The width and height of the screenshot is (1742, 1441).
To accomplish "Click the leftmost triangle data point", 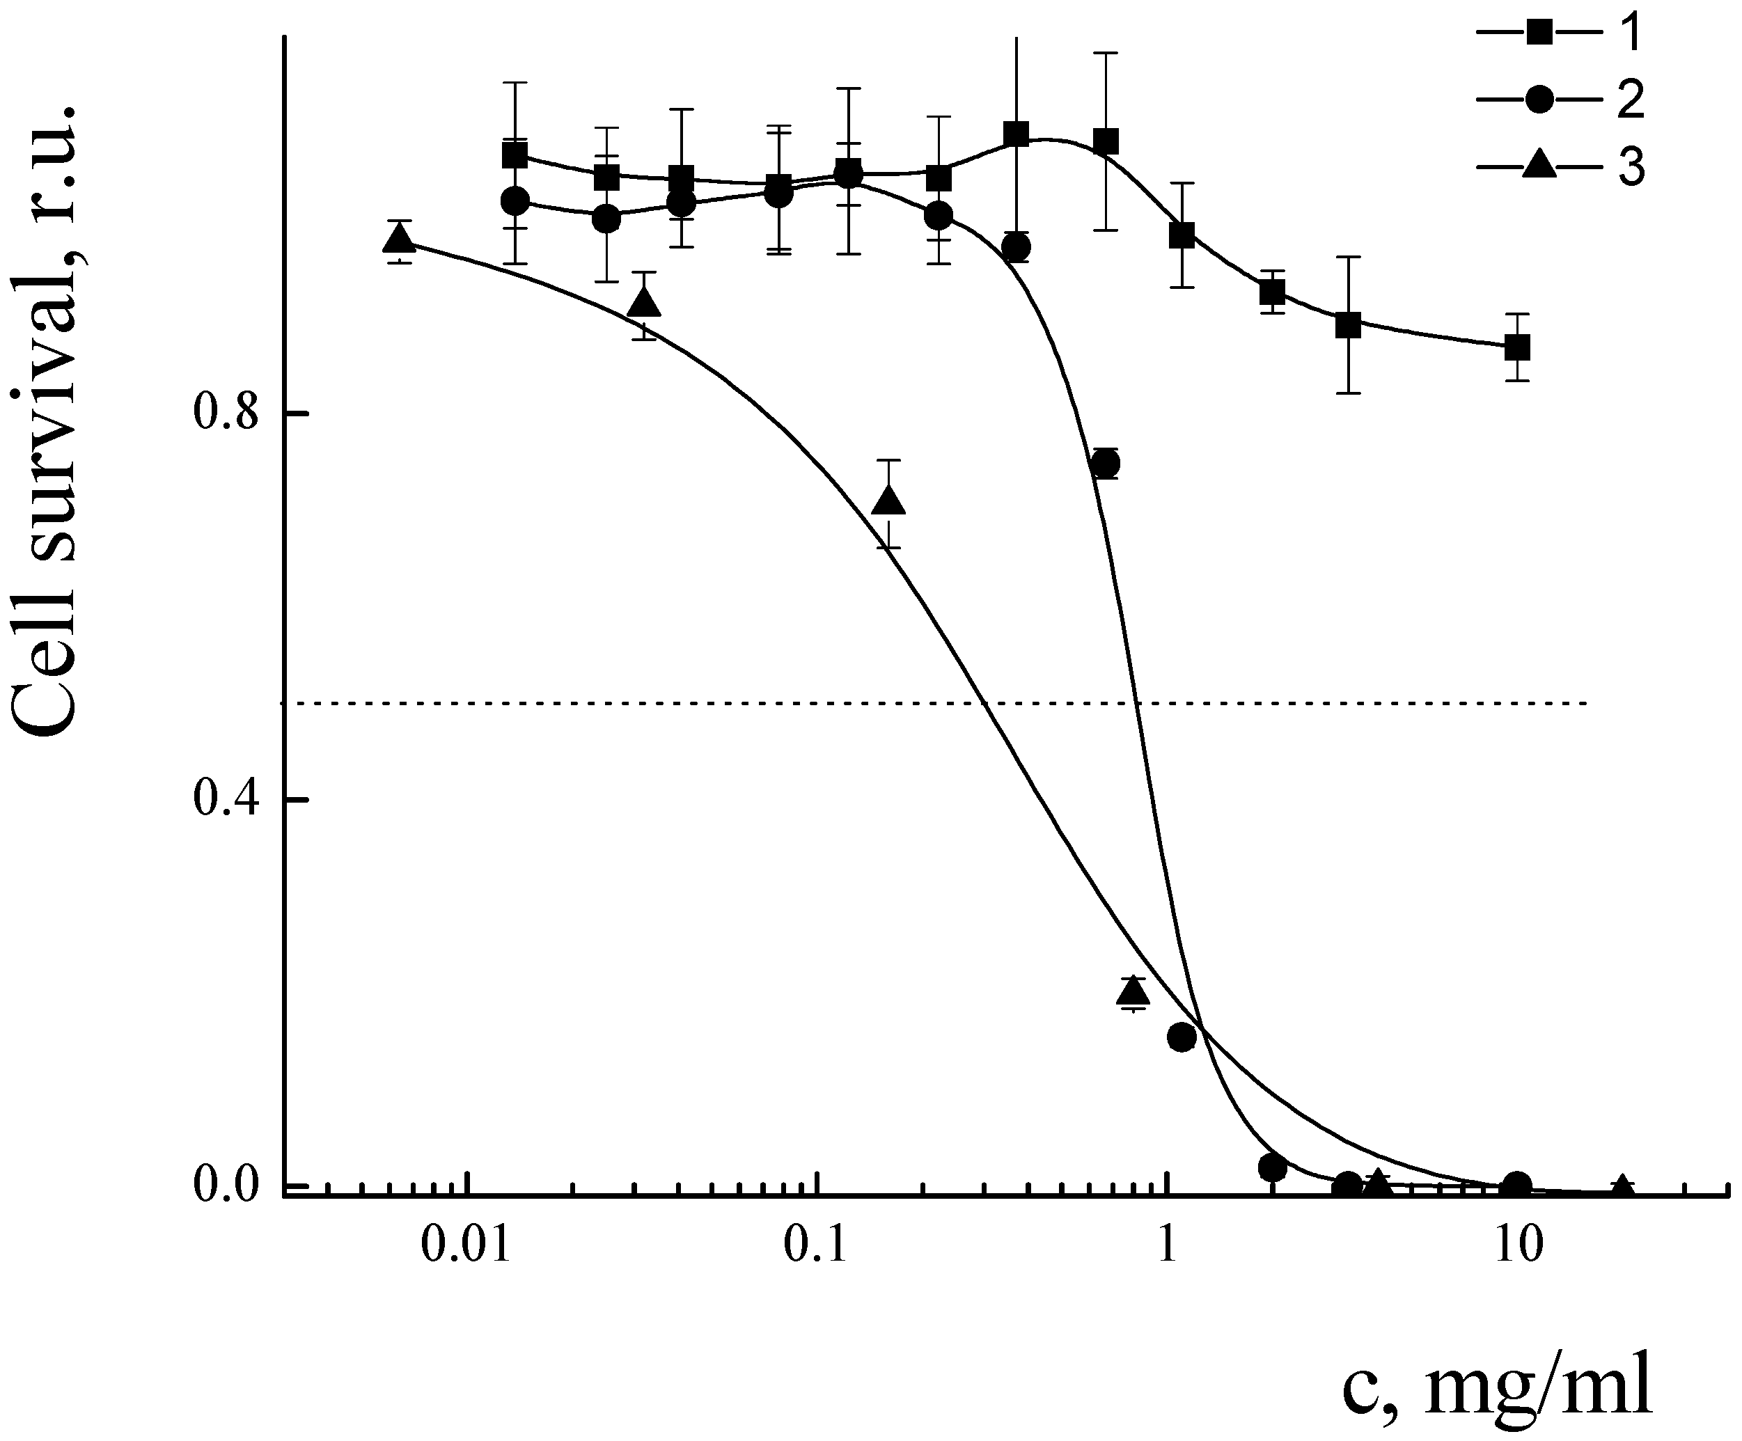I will pos(400,239).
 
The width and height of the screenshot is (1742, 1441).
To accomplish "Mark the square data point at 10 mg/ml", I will pos(1517,347).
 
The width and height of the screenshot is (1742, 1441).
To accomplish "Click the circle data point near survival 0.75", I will pos(1106,463).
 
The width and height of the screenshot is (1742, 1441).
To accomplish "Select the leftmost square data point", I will pos(515,155).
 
